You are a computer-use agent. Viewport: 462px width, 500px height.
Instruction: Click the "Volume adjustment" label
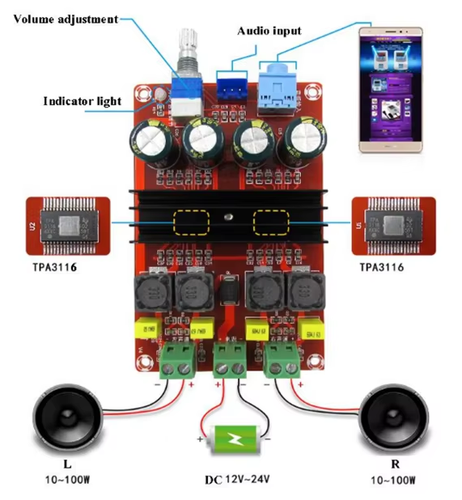click(66, 18)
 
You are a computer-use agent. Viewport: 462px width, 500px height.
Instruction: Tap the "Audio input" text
click(269, 31)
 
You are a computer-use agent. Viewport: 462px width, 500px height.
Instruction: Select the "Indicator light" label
click(82, 101)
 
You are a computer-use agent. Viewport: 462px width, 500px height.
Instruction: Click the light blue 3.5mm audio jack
click(278, 88)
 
